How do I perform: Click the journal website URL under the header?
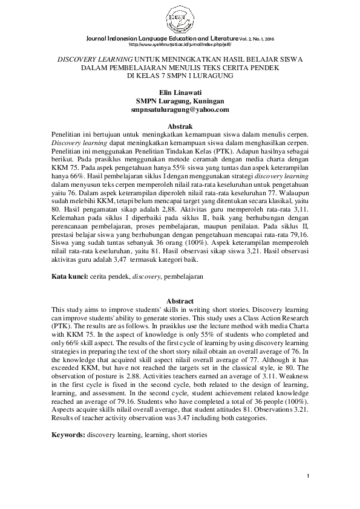[x=180, y=44]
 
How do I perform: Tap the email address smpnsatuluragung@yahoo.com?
[x=180, y=110]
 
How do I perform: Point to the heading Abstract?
[x=180, y=300]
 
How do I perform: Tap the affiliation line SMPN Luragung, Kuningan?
[x=180, y=101]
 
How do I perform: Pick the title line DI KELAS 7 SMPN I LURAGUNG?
[x=180, y=77]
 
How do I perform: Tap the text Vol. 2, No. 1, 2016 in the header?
[x=266, y=37]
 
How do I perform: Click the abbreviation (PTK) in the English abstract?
[x=62, y=325]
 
